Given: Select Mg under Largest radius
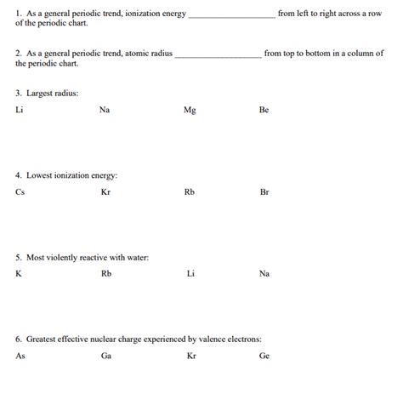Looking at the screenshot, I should [190, 110].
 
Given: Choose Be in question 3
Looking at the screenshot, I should [264, 110].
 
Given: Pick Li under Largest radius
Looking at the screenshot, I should [20, 110].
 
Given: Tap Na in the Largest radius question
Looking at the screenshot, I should [104, 110].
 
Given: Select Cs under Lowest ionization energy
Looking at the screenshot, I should [20, 192].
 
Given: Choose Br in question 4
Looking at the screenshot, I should [264, 192].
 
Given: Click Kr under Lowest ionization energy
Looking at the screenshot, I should [105, 192].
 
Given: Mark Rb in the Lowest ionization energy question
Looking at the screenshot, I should [190, 192].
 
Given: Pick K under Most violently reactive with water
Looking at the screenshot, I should [19, 274].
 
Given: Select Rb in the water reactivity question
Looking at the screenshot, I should [106, 274].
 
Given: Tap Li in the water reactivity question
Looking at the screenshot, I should [190, 274].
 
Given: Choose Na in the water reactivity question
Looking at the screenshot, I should [264, 274].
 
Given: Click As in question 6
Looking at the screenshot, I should [20, 356].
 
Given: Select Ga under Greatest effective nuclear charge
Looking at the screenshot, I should [106, 356].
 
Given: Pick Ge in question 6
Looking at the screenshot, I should [264, 356].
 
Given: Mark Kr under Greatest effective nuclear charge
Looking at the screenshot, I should [191, 356].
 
